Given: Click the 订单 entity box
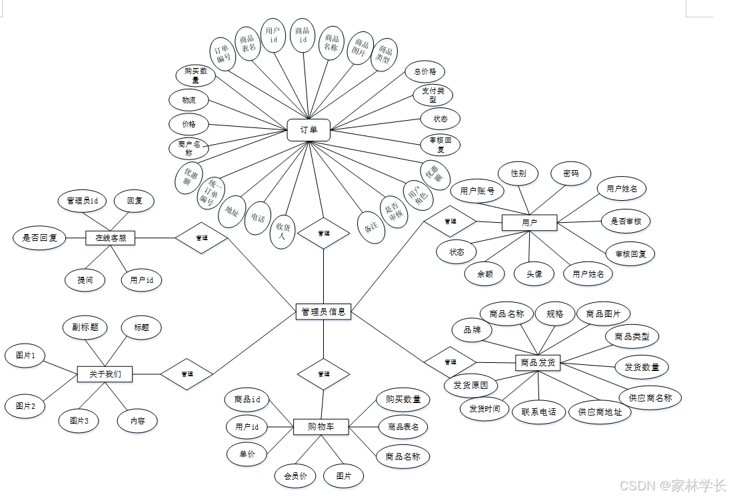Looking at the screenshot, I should [309, 130].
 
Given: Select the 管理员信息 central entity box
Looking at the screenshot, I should [323, 312].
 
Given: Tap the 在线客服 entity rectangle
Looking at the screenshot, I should [111, 237].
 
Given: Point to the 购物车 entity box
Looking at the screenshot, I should [321, 426].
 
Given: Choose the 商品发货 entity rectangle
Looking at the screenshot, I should [538, 364].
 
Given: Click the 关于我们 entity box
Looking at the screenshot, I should [105, 374].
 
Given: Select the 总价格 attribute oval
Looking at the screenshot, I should [424, 71].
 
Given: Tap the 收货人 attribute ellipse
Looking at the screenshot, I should [281, 231].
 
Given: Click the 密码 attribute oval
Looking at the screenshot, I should [571, 173].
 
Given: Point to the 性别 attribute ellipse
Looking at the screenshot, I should [518, 173].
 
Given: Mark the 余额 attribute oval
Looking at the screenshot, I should [484, 274].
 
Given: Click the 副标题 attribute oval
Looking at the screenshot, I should [85, 328].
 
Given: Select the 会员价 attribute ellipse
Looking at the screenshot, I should [295, 476].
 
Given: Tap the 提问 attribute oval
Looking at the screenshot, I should [85, 280].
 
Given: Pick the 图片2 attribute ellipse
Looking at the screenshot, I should [25, 406].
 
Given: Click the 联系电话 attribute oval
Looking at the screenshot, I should [538, 412].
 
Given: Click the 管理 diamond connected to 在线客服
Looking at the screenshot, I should [201, 237].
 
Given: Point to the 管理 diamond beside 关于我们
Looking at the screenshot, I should [187, 374].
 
